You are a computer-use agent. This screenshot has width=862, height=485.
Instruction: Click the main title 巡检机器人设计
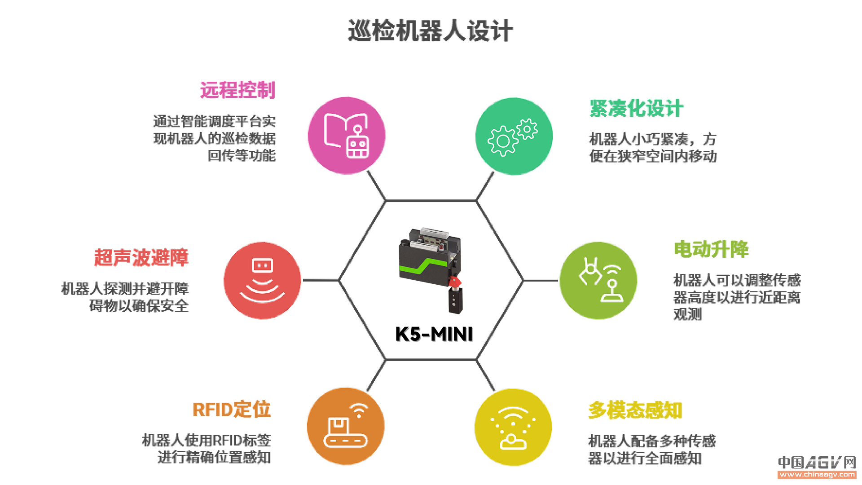click(x=430, y=31)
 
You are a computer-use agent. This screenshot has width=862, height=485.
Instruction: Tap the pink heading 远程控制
click(x=237, y=90)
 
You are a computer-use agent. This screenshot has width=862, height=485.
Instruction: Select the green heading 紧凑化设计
click(x=636, y=108)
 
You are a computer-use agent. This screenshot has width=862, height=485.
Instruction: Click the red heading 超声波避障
click(x=141, y=257)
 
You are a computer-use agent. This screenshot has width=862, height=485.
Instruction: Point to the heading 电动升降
click(x=712, y=249)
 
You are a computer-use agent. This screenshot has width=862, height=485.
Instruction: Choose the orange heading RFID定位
click(x=232, y=410)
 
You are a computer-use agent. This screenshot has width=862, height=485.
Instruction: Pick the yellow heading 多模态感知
click(x=635, y=410)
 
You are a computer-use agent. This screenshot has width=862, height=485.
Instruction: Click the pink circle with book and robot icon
click(x=347, y=136)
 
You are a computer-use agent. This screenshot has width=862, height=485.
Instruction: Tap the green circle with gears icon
click(x=514, y=136)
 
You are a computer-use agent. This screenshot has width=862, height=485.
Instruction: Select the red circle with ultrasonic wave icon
click(x=263, y=281)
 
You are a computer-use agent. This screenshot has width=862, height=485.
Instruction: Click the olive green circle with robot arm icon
click(x=598, y=281)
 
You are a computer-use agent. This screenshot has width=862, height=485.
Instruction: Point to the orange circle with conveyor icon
click(x=346, y=426)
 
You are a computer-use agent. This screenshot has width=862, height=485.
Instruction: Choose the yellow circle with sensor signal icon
click(x=513, y=427)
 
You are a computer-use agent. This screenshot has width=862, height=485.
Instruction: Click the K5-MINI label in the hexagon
click(x=434, y=334)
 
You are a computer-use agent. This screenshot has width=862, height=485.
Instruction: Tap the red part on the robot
click(x=454, y=282)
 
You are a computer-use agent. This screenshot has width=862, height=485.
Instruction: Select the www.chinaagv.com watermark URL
click(x=817, y=474)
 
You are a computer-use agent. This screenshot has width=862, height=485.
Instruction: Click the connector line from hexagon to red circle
click(x=321, y=280)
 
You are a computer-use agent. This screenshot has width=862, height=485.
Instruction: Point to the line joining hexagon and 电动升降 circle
click(x=541, y=281)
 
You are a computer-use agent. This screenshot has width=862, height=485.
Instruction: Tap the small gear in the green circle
click(x=527, y=129)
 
